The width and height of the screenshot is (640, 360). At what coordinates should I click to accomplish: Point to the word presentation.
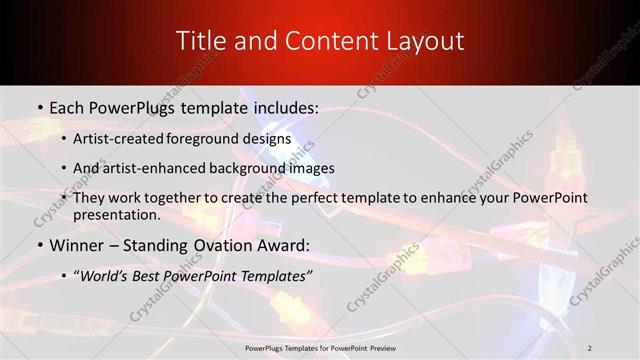(x=117, y=214)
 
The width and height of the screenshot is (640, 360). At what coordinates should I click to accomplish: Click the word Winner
(x=78, y=244)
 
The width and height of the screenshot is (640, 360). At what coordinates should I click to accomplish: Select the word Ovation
(x=235, y=244)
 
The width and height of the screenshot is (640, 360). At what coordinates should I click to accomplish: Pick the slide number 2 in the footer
(x=589, y=347)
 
